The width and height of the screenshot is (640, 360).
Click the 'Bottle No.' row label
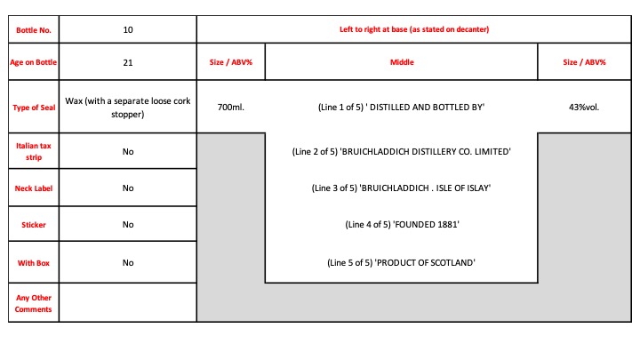pos(34,29)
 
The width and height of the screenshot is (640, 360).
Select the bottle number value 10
pos(128,29)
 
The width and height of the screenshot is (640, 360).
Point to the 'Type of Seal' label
pos(34,107)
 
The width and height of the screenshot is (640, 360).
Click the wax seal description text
pos(128,107)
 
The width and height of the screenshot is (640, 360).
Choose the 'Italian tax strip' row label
pos(34,151)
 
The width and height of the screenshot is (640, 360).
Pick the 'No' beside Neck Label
pos(128,188)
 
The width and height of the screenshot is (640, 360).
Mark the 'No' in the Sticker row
pos(128,225)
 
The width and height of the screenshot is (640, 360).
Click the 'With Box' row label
pos(34,263)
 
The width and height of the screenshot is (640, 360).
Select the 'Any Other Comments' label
pos(34,302)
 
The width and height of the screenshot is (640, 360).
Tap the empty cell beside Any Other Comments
pos(128,302)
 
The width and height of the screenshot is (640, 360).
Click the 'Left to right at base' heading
pos(414,29)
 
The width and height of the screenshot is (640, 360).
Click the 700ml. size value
pos(230,108)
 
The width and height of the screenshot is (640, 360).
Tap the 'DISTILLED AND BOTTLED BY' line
pos(401,108)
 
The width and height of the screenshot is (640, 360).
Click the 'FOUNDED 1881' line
pos(401,225)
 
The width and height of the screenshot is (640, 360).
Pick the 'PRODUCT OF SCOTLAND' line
pos(401,263)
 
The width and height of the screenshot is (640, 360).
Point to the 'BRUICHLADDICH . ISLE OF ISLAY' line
pos(401,188)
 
